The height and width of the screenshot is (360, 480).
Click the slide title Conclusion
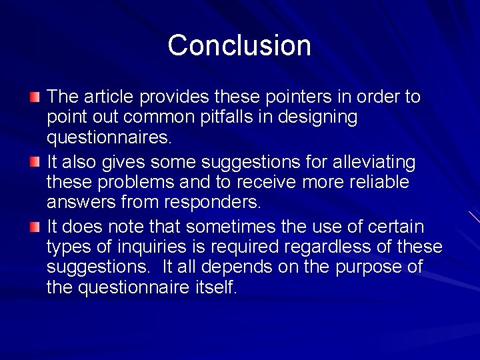(x=239, y=45)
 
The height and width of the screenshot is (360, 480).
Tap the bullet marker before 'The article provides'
(x=35, y=97)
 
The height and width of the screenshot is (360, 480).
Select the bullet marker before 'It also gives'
(x=35, y=162)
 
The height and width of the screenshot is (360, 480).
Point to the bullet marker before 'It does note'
(x=35, y=227)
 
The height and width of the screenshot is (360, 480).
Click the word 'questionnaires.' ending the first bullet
(x=109, y=139)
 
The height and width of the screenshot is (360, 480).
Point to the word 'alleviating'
(x=379, y=162)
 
